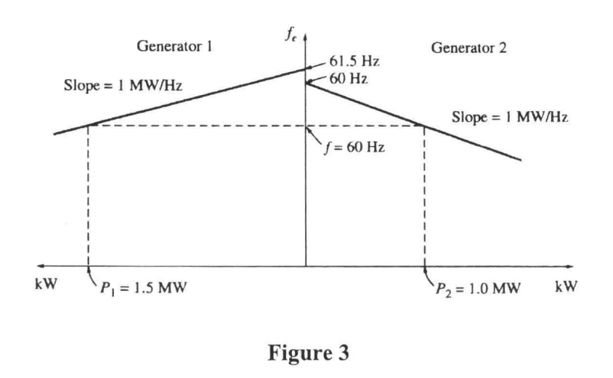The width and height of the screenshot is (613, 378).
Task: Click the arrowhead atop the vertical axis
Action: click(x=306, y=34)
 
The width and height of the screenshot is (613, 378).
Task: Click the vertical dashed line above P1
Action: click(x=88, y=196)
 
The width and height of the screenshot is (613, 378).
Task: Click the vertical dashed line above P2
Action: click(x=424, y=196)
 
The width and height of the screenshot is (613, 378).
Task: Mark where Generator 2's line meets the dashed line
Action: click(x=424, y=126)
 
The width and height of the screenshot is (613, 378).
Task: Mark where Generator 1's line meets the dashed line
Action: click(x=88, y=126)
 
